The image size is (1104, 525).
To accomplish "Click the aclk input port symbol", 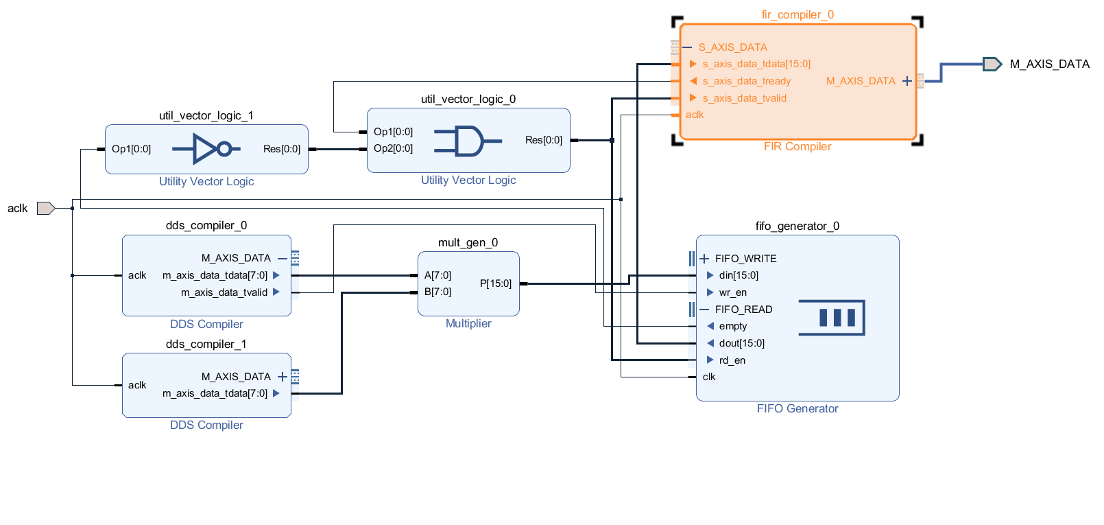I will tap(45, 208).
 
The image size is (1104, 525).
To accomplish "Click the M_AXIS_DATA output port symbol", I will tap(992, 64).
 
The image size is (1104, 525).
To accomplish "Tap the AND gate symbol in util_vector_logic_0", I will tap(468, 141).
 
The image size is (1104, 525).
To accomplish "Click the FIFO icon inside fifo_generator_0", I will tap(832, 318).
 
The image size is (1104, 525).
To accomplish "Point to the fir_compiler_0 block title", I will tap(797, 14).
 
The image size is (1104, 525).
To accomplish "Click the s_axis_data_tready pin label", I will tap(746, 81).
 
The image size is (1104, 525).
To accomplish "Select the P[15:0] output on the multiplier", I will tap(495, 283).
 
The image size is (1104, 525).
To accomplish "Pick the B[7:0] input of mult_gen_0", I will tap(437, 292).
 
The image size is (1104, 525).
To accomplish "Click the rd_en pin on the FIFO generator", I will tap(732, 360).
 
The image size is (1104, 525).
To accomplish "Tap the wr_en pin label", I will tap(732, 292).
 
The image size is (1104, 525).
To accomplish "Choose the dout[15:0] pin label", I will tap(741, 343).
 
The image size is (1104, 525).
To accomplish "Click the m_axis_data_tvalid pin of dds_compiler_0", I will tap(224, 292).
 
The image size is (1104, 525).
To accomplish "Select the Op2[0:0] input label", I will tap(393, 148).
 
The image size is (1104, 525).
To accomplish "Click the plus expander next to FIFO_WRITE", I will tap(704, 259).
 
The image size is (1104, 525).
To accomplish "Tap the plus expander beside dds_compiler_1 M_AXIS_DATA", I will tap(282, 377).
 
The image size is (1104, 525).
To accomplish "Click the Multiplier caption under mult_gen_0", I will tap(468, 323).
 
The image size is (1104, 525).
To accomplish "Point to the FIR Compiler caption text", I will tap(797, 146).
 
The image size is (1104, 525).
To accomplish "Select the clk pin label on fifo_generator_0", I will tap(708, 377).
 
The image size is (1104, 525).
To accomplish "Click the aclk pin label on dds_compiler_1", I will tap(137, 385).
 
